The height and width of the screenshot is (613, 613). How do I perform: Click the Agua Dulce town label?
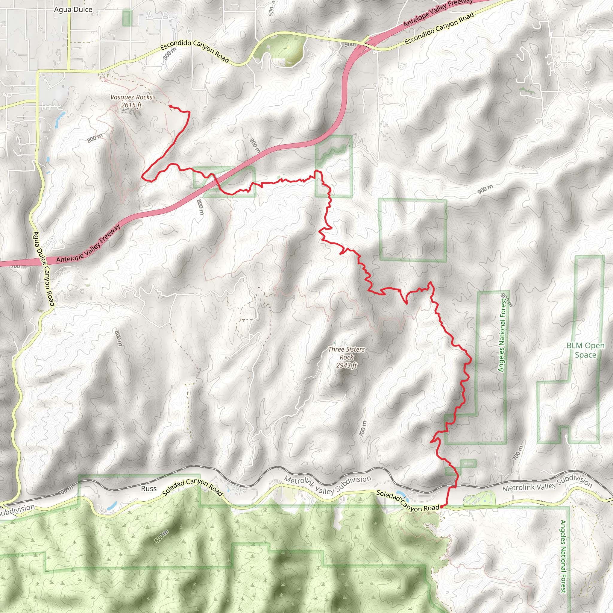(73, 10)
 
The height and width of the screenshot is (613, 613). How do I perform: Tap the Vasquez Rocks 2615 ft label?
(131, 101)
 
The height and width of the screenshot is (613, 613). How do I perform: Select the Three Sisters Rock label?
(347, 357)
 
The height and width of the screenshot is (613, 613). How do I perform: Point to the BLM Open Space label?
(586, 350)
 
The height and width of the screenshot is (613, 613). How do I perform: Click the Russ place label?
(149, 488)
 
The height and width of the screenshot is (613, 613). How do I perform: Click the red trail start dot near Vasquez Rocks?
(171, 106)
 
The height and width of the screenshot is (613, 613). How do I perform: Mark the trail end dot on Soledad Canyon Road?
(441, 507)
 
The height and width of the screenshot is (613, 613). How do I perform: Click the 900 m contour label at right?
(485, 189)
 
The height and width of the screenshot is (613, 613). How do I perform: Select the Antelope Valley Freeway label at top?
(438, 13)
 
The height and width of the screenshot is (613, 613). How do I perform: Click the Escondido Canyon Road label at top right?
(439, 28)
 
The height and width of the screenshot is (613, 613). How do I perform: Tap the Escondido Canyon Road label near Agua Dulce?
(195, 51)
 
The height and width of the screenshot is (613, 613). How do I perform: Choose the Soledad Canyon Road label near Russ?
(192, 487)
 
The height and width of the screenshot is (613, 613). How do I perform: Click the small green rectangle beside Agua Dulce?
(127, 18)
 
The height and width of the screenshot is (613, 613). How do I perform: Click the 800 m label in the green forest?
(162, 536)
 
